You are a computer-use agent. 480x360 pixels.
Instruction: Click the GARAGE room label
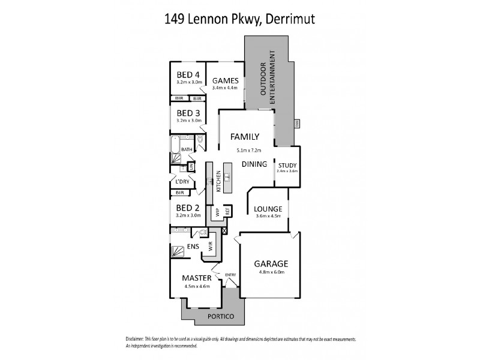click(x=271, y=263)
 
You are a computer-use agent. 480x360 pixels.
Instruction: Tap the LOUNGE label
click(x=268, y=209)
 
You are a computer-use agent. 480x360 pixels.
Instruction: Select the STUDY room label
click(x=287, y=166)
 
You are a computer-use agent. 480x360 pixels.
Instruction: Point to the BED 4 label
click(x=188, y=75)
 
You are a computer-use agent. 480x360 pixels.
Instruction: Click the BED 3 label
click(x=188, y=113)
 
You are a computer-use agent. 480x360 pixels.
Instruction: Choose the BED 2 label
click(x=188, y=208)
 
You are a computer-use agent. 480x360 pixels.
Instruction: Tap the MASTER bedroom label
click(x=197, y=278)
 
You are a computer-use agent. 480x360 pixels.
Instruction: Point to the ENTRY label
click(x=230, y=275)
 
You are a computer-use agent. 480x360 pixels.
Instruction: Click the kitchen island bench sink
click(x=228, y=176)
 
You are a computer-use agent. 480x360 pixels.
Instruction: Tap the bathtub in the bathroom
click(x=175, y=146)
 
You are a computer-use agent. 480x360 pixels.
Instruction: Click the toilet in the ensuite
click(x=202, y=231)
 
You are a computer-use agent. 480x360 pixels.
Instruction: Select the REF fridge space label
click(x=227, y=212)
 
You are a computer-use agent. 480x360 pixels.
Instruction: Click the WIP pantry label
click(x=216, y=212)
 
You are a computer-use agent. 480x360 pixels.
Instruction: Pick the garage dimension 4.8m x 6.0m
click(x=271, y=272)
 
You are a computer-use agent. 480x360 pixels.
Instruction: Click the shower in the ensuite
click(x=178, y=251)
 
